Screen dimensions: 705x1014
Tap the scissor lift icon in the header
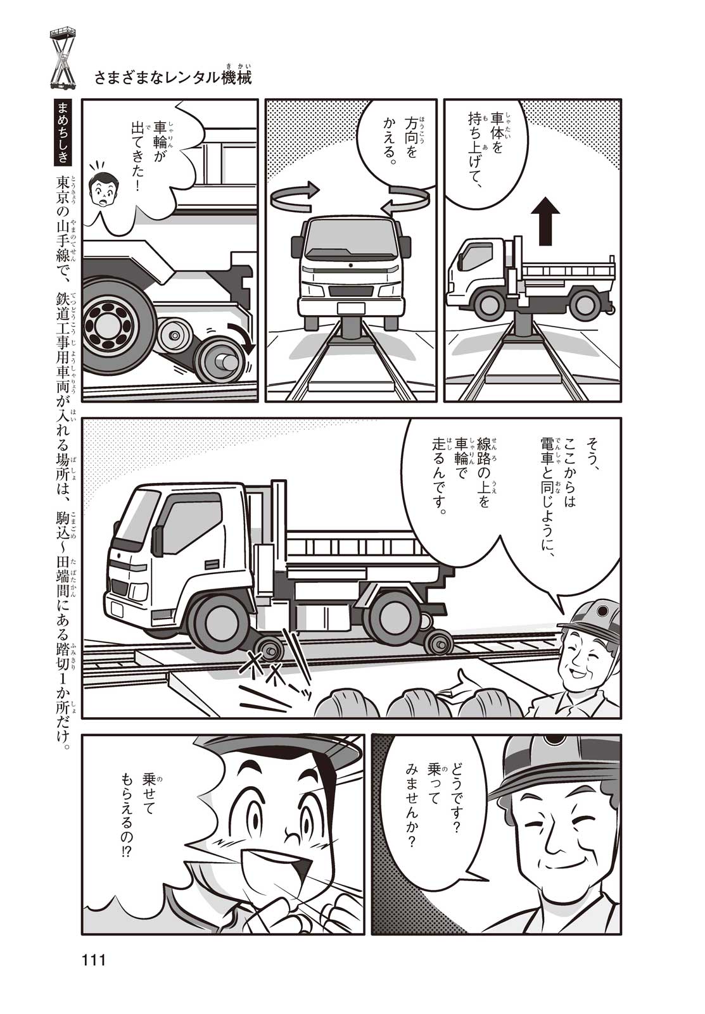63,58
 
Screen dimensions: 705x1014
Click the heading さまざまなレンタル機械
173,77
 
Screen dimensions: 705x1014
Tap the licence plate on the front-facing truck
351,308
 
